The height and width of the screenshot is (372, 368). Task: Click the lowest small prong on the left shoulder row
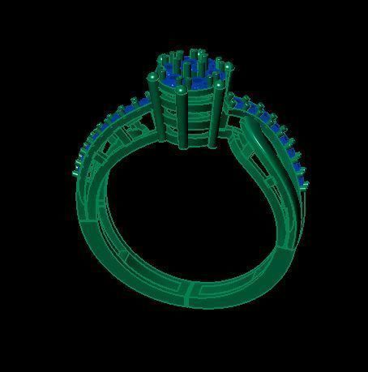tap(77, 172)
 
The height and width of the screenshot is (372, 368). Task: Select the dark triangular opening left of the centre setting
tap(135, 130)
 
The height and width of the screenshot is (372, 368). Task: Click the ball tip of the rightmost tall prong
tap(220, 83)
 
